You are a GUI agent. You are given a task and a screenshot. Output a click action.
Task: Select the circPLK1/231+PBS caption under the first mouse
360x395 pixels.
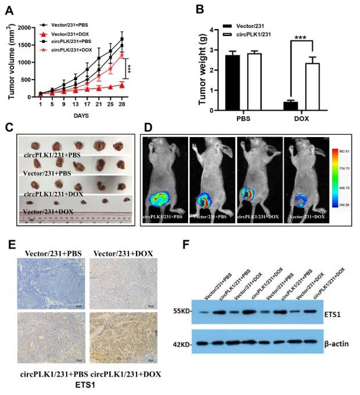pyautogui.click(x=165, y=217)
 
